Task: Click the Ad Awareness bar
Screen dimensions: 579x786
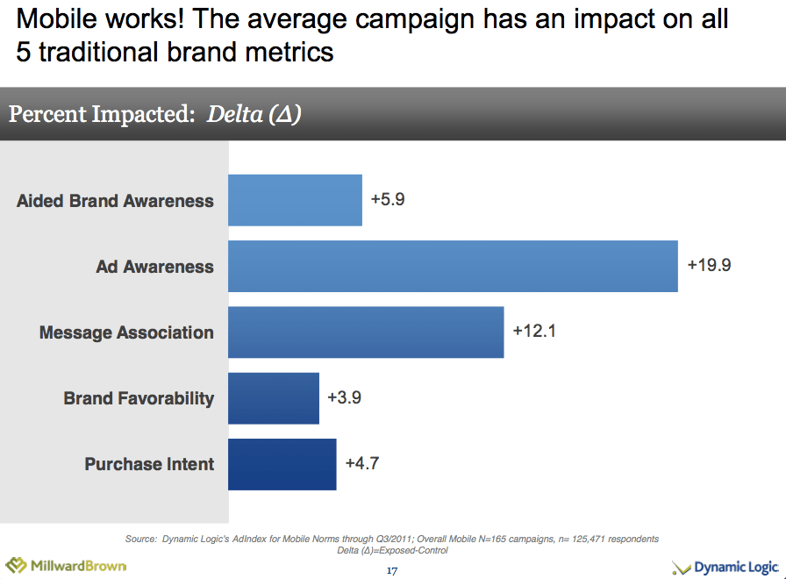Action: pyautogui.click(x=453, y=266)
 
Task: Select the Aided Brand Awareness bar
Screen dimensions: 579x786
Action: pyautogui.click(x=295, y=200)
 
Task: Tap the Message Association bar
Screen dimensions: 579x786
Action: pyautogui.click(x=366, y=332)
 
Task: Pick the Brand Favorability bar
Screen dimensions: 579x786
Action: pyautogui.click(x=273, y=397)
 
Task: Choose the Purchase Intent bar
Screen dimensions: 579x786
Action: pyautogui.click(x=282, y=463)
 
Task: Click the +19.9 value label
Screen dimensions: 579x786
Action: pyautogui.click(x=709, y=265)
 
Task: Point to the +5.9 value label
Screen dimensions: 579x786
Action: pyautogui.click(x=388, y=199)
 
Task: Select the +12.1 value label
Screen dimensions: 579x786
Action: pyautogui.click(x=534, y=332)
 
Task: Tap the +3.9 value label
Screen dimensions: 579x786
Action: pyautogui.click(x=344, y=397)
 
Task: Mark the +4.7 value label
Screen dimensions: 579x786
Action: pyautogui.click(x=361, y=463)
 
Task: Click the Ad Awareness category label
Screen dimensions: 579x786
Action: pyautogui.click(x=154, y=267)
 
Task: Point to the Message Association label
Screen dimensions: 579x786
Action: pyautogui.click(x=126, y=332)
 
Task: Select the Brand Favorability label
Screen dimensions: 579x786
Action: pyautogui.click(x=139, y=398)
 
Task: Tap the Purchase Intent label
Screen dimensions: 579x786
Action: pyautogui.click(x=149, y=464)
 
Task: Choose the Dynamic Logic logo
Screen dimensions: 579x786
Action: pyautogui.click(x=725, y=568)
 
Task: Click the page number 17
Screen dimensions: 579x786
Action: pyautogui.click(x=392, y=571)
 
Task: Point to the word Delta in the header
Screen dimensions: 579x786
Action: pyautogui.click(x=234, y=114)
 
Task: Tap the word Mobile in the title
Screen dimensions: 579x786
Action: pyautogui.click(x=59, y=18)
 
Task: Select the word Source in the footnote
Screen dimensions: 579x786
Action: pyautogui.click(x=141, y=539)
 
